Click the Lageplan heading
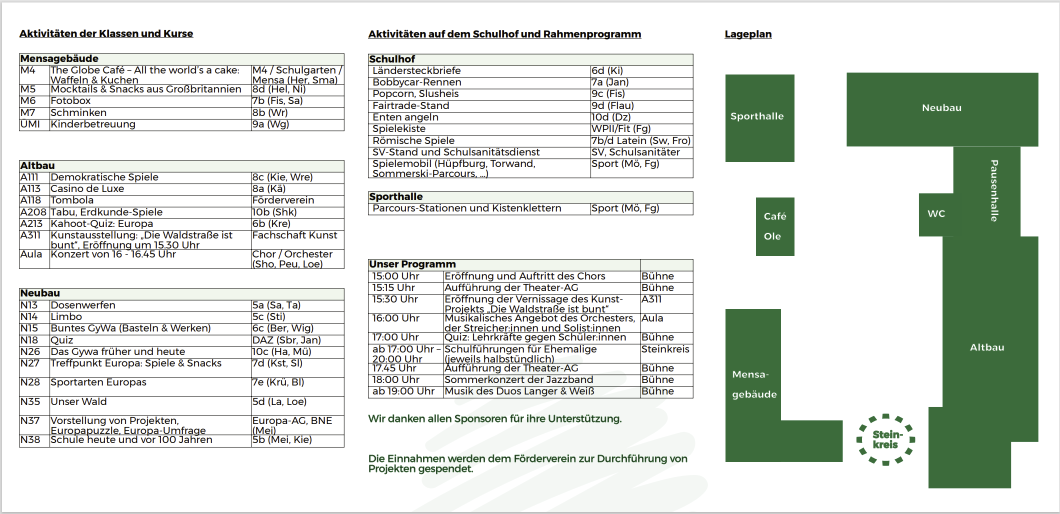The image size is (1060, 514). [748, 34]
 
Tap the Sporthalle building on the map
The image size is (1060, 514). [759, 117]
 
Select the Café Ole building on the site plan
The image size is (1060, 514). [774, 226]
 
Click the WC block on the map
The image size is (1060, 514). [936, 214]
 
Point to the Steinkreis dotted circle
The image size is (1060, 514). [886, 439]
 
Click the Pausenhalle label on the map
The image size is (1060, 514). [994, 190]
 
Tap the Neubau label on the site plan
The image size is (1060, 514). [941, 108]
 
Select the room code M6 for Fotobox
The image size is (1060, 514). [28, 101]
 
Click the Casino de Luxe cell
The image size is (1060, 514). [87, 189]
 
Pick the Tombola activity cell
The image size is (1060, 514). [72, 200]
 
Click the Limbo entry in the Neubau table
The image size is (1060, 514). [66, 317]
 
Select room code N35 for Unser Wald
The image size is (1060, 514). [30, 402]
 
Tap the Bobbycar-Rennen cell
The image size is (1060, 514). [416, 82]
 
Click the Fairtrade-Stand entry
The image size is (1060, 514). [410, 106]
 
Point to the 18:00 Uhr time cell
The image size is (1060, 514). [396, 380]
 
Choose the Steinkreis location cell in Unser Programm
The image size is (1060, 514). [665, 349]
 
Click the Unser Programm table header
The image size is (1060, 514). [412, 264]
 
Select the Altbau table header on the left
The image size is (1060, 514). [37, 166]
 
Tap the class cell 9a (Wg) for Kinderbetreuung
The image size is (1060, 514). [270, 124]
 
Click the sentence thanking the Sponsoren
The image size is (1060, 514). [494, 419]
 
